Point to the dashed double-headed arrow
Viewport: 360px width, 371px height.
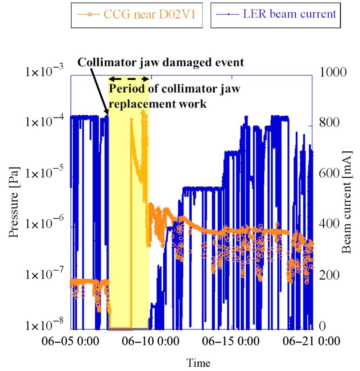129,79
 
